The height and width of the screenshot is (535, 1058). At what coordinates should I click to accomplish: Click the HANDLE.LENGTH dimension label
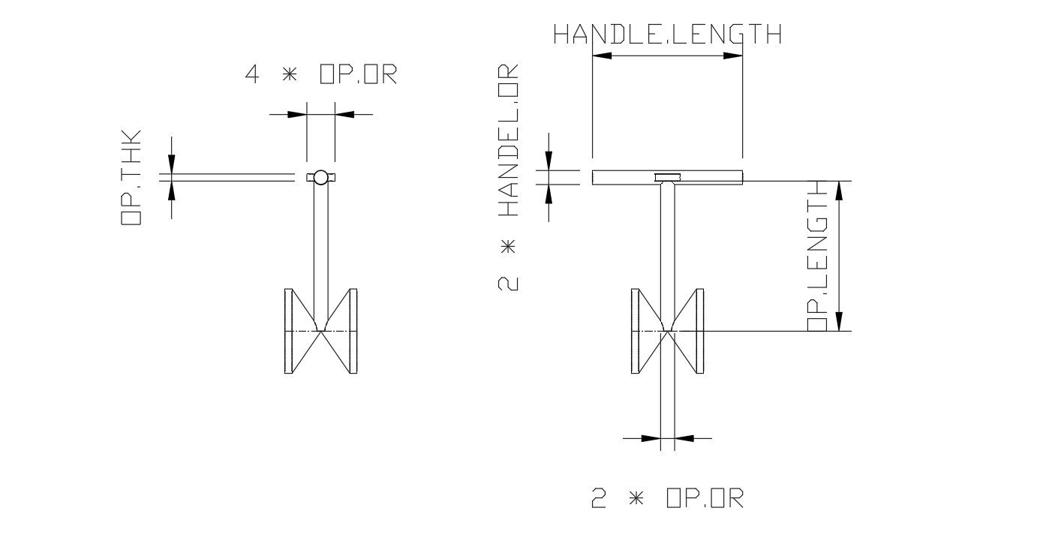(667, 35)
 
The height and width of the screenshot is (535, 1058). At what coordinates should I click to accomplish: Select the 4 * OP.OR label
(320, 75)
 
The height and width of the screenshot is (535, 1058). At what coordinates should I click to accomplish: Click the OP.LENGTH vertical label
(817, 256)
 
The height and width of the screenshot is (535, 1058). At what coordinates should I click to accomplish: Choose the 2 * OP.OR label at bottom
(667, 499)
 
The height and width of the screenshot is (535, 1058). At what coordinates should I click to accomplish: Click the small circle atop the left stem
(320, 177)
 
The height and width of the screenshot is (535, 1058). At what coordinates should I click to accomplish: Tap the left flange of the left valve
(288, 331)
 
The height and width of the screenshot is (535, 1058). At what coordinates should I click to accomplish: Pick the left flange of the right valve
(635, 331)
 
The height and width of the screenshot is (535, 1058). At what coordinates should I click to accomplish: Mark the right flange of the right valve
(700, 331)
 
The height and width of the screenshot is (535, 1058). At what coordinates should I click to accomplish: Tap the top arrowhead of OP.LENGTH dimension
(839, 191)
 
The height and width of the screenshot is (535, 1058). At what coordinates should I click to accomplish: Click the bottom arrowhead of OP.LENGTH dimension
(839, 321)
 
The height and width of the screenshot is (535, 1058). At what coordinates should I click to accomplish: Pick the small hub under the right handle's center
(667, 178)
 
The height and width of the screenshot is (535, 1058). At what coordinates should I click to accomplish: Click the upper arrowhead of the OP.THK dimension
(172, 164)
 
